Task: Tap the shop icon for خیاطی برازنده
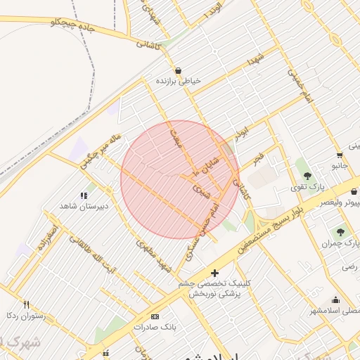[179, 70]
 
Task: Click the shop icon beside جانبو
[340, 155]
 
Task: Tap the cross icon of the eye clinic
[214, 273]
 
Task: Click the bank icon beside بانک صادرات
[155, 316]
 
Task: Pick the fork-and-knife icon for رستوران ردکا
[27, 304]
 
